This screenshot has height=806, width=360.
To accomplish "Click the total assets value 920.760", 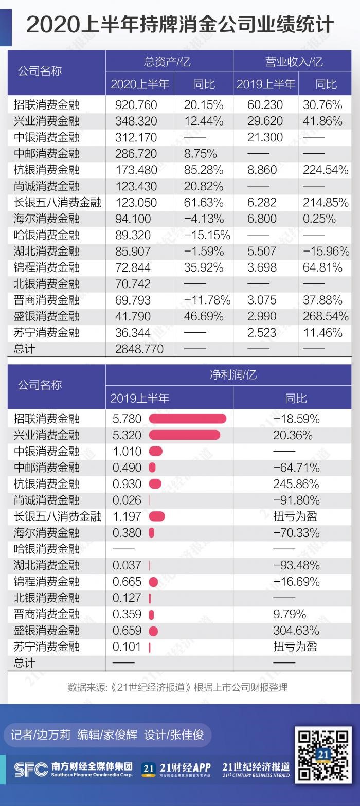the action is tap(136, 105).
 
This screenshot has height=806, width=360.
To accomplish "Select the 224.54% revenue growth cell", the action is tap(326, 170).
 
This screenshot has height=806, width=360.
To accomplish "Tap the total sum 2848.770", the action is tap(139, 349).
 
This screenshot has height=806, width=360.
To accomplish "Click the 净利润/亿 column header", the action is tap(233, 375).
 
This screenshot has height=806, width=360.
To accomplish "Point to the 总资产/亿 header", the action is tap(167, 62).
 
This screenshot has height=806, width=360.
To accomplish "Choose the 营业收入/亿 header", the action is tap(294, 62).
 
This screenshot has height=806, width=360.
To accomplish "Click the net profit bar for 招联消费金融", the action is tap(188, 419).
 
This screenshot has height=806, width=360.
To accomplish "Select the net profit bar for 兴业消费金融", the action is tap(185, 435).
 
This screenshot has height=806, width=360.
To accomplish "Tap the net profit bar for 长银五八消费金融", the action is tap(157, 516).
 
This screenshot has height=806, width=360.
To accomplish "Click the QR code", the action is tap(323, 755).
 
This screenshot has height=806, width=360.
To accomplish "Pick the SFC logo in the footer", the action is tap(31, 769).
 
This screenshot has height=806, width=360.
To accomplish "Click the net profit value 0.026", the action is tap(127, 500).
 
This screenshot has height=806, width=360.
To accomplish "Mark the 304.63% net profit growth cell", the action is tap(296, 631).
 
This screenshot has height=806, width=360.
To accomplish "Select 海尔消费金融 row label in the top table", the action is tap(46, 219).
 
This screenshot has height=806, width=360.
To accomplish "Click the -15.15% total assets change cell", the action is tap(207, 235).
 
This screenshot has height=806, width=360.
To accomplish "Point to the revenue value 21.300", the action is tap(265, 137).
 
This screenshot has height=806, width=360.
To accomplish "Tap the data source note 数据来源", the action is tap(177, 687).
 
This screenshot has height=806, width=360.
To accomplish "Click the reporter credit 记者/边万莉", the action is tap(40, 735).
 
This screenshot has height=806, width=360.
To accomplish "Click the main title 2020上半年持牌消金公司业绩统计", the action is tap(180, 25).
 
